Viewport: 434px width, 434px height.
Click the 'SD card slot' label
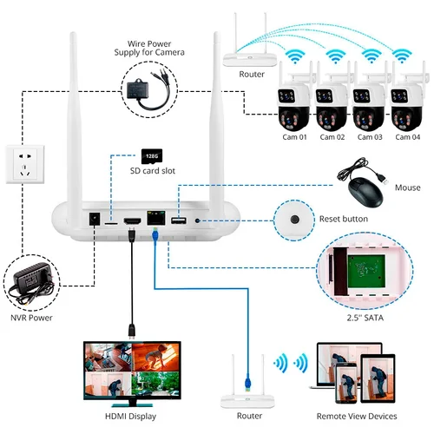[x=158, y=172]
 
